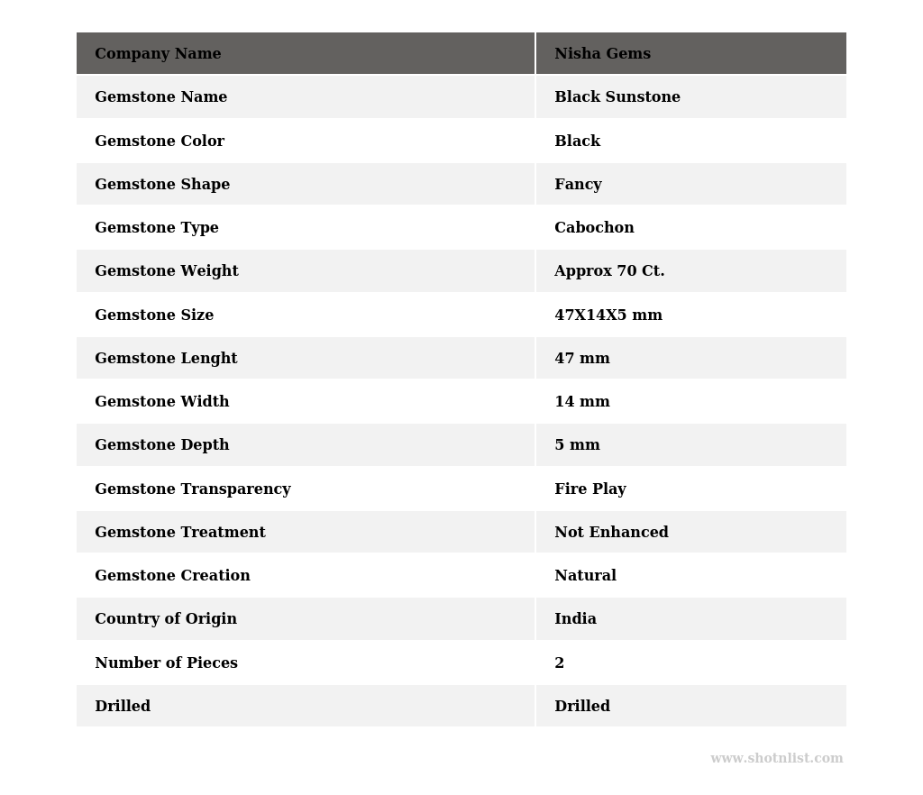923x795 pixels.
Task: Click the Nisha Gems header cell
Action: pyautogui.click(x=602, y=54)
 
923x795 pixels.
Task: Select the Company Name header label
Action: pyautogui.click(x=158, y=54)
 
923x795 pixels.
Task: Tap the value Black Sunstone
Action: pyautogui.click(x=617, y=97)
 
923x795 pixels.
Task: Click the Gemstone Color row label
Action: pyautogui.click(x=160, y=142)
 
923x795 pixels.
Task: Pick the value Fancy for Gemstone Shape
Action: pyautogui.click(x=578, y=185)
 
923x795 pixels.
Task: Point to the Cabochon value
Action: pyautogui.click(x=594, y=228)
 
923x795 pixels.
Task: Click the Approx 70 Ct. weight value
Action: pyautogui.click(x=609, y=271)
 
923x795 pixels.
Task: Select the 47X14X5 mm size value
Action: pyautogui.click(x=608, y=315)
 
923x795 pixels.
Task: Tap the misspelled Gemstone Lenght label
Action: pyautogui.click(x=166, y=359)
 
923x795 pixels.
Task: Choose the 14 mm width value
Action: pyautogui.click(x=582, y=402)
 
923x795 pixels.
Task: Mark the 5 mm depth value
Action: pyautogui.click(x=577, y=445)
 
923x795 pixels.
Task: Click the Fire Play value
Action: pyautogui.click(x=589, y=489)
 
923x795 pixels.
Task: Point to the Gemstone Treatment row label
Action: pyautogui.click(x=180, y=533)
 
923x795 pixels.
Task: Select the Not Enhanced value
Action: pyautogui.click(x=611, y=533)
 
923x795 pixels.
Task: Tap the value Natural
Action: pyautogui.click(x=585, y=576)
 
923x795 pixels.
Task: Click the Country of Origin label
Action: pyautogui.click(x=166, y=619)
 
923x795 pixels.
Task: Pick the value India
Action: pyautogui.click(x=575, y=619)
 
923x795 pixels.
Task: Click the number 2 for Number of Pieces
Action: pyautogui.click(x=560, y=663)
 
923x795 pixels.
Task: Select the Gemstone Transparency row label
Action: pyautogui.click(x=193, y=489)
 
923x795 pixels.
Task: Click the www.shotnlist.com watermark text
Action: pyautogui.click(x=776, y=759)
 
